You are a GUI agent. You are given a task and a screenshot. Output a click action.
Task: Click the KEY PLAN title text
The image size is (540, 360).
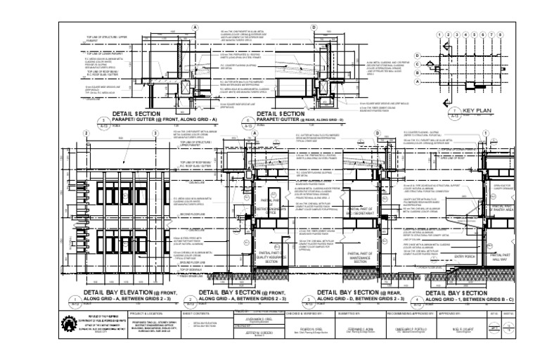[x=475, y=110]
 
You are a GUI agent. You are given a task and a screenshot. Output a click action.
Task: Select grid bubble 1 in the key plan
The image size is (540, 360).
[x=439, y=34]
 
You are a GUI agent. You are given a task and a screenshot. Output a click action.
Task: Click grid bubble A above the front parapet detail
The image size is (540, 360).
[x=195, y=26]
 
